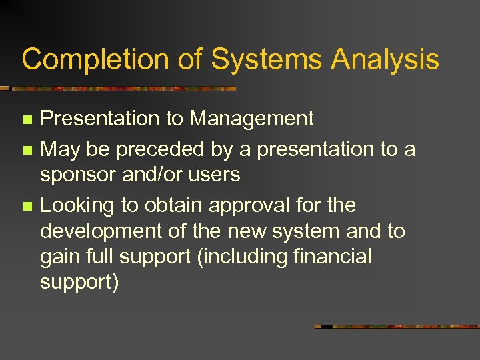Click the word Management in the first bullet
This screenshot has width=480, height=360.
pyautogui.click(x=251, y=119)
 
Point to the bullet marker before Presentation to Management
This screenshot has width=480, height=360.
pyautogui.click(x=27, y=120)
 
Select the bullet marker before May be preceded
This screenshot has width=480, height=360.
pyautogui.click(x=27, y=151)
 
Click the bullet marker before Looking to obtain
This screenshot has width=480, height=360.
pyautogui.click(x=27, y=207)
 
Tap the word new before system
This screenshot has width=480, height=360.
pyautogui.click(x=249, y=231)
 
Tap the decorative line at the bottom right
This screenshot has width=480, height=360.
pyautogui.click(x=397, y=327)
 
